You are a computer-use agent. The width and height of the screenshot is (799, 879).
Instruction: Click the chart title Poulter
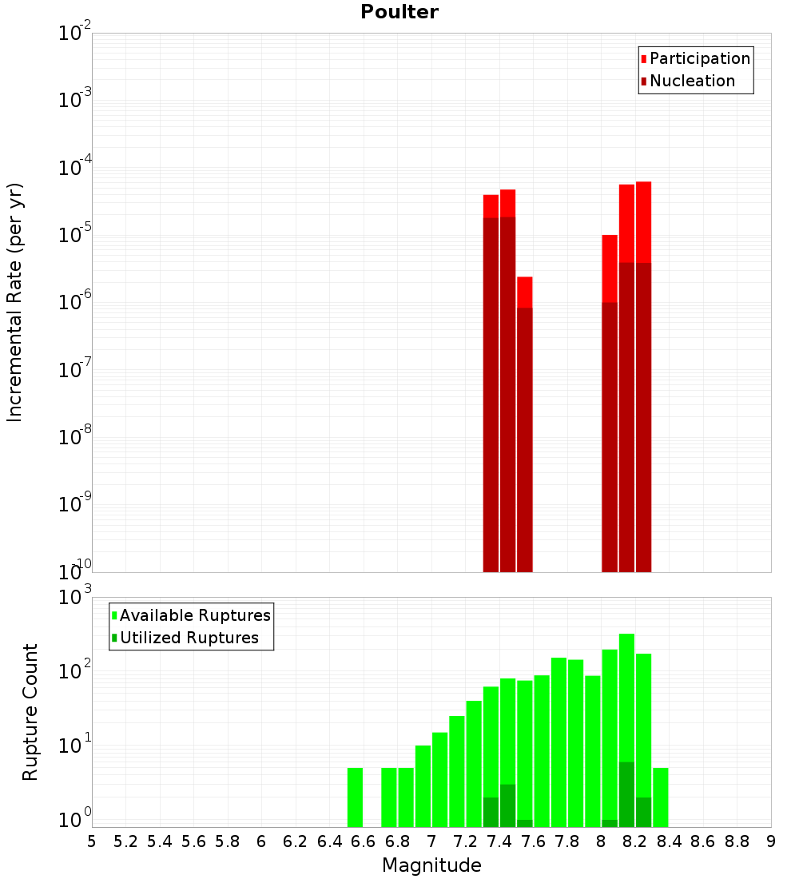coord(399,12)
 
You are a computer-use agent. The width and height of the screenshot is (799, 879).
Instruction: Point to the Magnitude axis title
coord(431,865)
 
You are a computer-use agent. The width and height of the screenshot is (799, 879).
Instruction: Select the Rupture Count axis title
coord(30,712)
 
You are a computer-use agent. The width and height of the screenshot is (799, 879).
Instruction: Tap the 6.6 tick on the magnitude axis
coord(363,841)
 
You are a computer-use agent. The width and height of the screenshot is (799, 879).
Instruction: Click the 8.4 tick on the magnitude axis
coord(669,841)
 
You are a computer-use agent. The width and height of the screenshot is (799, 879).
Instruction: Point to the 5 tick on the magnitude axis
coord(92,841)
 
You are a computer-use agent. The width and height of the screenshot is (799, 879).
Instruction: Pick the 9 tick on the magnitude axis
coord(770,841)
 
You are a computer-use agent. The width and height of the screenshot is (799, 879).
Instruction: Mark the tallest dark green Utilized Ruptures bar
coord(626,794)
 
